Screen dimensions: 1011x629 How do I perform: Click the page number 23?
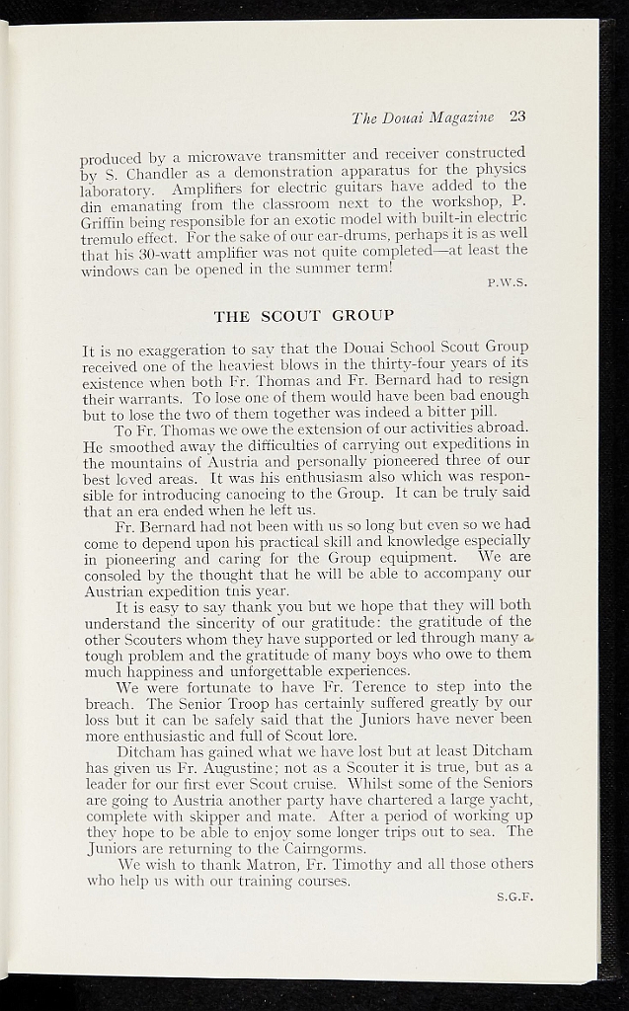click(517, 117)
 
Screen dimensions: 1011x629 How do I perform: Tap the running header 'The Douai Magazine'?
click(423, 117)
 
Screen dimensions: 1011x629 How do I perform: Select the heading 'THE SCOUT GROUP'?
click(304, 316)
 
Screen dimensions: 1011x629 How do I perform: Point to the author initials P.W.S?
click(508, 282)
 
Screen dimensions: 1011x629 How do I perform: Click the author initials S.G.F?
click(513, 896)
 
